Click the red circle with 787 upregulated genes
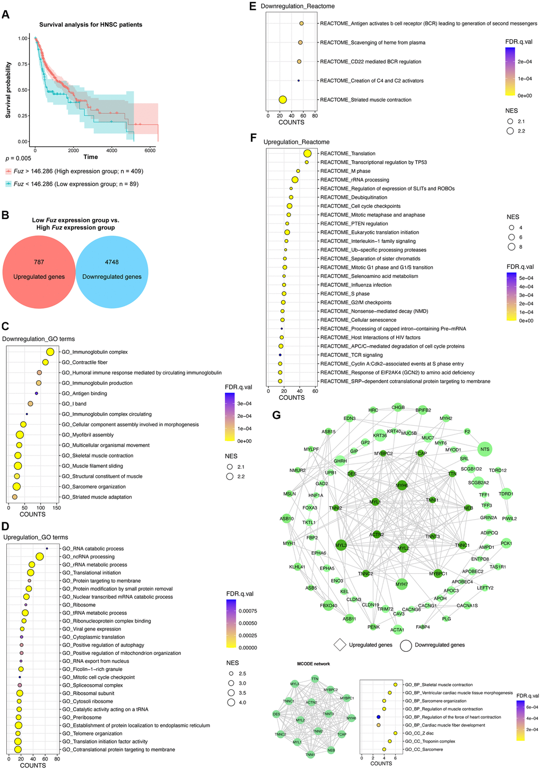click(x=39, y=269)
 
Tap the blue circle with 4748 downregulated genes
click(x=112, y=269)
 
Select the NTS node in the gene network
click(x=485, y=449)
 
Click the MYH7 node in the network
click(x=402, y=584)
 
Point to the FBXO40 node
click(x=328, y=606)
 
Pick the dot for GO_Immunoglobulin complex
click(x=50, y=352)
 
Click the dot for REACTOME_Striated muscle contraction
click(x=283, y=100)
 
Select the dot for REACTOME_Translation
click(x=307, y=153)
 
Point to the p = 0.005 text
click(x=18, y=158)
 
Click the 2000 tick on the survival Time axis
click(x=73, y=150)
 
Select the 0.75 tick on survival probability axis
click(x=23, y=64)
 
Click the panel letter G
click(x=276, y=415)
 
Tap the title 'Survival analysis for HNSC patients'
click(x=91, y=24)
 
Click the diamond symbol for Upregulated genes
click(x=339, y=645)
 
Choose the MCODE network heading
click(x=313, y=664)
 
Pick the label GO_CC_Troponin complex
click(x=435, y=741)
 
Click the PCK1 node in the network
click(x=506, y=543)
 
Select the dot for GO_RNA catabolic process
click(x=47, y=549)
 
